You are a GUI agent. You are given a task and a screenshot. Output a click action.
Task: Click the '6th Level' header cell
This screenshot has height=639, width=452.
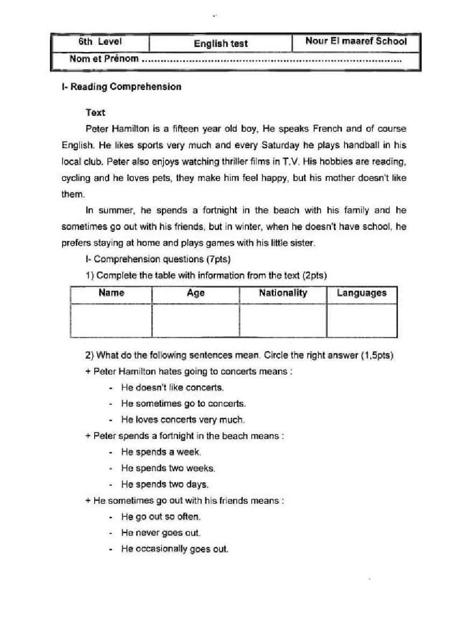pyautogui.click(x=100, y=41)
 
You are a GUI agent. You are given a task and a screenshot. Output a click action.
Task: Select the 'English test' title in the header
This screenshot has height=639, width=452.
pyautogui.click(x=221, y=44)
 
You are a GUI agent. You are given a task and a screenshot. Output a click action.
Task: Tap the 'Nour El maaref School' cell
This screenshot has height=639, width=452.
pyautogui.click(x=356, y=41)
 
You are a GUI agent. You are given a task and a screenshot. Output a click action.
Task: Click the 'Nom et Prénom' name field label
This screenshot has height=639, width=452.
pyautogui.click(x=104, y=59)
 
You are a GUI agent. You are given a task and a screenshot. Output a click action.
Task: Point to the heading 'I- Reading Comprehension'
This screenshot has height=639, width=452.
pyautogui.click(x=122, y=87)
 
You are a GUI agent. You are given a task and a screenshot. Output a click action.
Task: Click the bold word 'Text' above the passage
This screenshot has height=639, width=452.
pyautogui.click(x=95, y=112)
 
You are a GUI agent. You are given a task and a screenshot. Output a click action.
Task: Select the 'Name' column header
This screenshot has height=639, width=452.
pyautogui.click(x=111, y=293)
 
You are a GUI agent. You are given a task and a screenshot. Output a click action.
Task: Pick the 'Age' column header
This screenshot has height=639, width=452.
pyautogui.click(x=195, y=293)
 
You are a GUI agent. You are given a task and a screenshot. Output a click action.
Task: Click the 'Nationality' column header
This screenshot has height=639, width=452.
pyautogui.click(x=283, y=293)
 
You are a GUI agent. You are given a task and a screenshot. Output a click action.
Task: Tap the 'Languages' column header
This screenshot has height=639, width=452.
pyautogui.click(x=362, y=293)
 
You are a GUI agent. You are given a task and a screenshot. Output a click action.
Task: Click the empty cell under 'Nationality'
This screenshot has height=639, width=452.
pyautogui.click(x=283, y=321)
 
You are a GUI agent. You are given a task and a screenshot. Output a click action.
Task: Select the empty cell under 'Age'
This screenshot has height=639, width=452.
pyautogui.click(x=195, y=321)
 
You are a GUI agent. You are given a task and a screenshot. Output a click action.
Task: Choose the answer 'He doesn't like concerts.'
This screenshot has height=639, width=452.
pyautogui.click(x=172, y=387)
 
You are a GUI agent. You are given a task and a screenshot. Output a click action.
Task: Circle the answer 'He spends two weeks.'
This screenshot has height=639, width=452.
pyautogui.click(x=168, y=468)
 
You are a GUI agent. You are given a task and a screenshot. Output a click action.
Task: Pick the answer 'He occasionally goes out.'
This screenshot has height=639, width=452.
pyautogui.click(x=174, y=549)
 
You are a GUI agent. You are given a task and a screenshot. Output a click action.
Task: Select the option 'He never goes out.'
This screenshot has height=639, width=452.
pyautogui.click(x=160, y=533)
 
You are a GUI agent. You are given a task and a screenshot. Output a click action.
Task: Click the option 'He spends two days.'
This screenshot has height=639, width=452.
pyautogui.click(x=164, y=484)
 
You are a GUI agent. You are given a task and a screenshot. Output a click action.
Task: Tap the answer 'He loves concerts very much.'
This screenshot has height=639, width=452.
pyautogui.click(x=182, y=420)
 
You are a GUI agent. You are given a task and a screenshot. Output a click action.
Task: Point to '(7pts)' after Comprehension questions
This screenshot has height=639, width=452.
pyautogui.click(x=218, y=259)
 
